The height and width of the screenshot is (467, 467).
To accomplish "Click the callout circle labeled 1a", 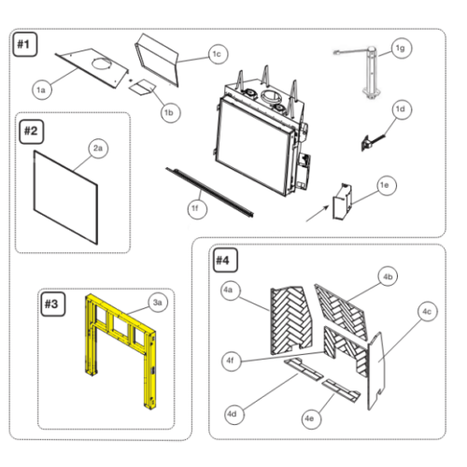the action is tap(41, 90).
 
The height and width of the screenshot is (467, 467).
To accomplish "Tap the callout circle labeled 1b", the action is tap(171, 112).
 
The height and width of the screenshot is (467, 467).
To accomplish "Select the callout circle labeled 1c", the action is tap(218, 54).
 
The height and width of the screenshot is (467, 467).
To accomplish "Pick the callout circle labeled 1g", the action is tap(402, 49).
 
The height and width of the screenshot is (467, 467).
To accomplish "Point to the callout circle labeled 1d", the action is tap(401, 109).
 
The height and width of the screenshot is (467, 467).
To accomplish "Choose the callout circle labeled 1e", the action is tap(387, 186).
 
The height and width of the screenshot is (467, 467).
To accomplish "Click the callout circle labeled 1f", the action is tap(197, 208).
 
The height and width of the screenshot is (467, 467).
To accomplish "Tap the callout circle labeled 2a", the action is tap(98, 149).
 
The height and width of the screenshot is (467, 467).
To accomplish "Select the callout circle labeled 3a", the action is tap(158, 303).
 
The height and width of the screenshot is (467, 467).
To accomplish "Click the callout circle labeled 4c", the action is tap(427, 312).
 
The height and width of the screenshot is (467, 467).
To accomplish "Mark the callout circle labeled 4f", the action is tap(231, 361).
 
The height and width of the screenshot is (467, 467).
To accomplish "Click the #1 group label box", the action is tap(25, 45).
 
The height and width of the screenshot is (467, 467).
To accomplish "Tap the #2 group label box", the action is tap(32, 132).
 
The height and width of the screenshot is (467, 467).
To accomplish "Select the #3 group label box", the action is tap(53, 304).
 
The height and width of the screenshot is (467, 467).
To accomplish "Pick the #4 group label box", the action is tap(223, 261).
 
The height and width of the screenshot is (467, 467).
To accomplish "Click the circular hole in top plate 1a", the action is tap(101, 64).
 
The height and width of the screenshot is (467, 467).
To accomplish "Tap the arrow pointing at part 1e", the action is tap(318, 214).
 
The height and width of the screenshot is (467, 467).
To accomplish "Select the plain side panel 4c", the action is tap(376, 371).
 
